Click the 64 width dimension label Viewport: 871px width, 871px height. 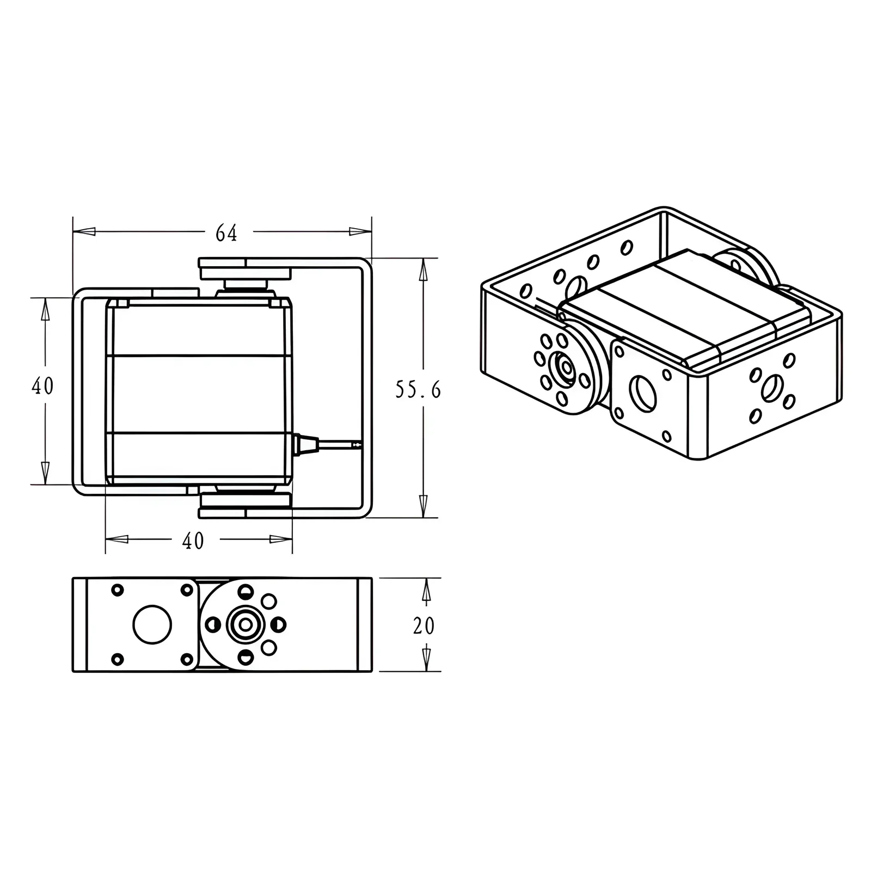(x=226, y=234)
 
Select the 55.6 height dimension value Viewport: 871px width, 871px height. (x=418, y=390)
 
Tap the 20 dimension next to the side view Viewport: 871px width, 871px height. (x=424, y=626)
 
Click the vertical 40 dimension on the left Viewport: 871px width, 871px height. (x=42, y=387)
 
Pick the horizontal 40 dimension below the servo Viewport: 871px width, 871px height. (x=193, y=541)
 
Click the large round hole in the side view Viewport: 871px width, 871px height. (x=152, y=624)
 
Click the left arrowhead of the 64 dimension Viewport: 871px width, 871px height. (x=84, y=231)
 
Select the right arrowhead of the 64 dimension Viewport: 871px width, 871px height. (x=360, y=231)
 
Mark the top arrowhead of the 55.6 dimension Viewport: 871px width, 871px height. (x=423, y=269)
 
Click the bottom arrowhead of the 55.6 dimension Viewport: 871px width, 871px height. (x=423, y=506)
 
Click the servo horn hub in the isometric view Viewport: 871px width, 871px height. (x=562, y=369)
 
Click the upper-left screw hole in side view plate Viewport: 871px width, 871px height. (x=117, y=590)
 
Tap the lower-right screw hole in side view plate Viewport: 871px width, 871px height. (x=187, y=659)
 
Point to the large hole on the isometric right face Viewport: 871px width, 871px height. (x=771, y=388)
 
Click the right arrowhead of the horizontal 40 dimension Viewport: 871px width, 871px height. (x=280, y=539)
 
